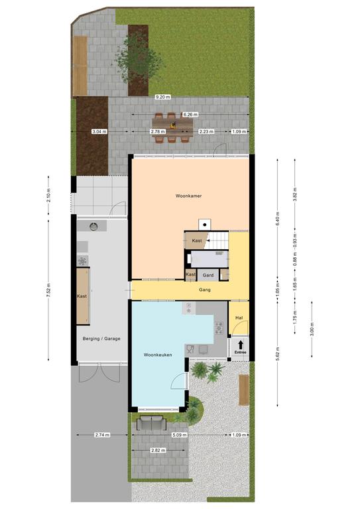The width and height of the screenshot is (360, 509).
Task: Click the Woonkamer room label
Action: pyautogui.click(x=188, y=196)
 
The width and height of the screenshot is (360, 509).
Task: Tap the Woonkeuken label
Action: pyautogui.click(x=158, y=355)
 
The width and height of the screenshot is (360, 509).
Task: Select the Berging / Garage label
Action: pyautogui.click(x=101, y=339)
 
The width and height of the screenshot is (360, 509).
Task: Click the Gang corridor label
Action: pyautogui.click(x=205, y=290)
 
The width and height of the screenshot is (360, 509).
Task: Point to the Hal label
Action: pyautogui.click(x=239, y=318)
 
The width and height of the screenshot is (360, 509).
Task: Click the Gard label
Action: pyautogui.click(x=208, y=275)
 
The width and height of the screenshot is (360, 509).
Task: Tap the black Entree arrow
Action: pyautogui.click(x=240, y=345)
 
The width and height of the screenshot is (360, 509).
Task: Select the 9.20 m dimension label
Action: pyautogui.click(x=162, y=97)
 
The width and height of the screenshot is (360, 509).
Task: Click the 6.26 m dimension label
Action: pyautogui.click(x=190, y=114)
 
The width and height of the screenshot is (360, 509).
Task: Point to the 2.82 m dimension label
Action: pyautogui.click(x=158, y=450)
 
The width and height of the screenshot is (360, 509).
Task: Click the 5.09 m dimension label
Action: pyautogui.click(x=180, y=435)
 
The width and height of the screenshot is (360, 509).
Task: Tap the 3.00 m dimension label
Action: pyautogui.click(x=312, y=329)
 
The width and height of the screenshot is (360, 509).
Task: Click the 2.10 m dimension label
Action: pyautogui.click(x=48, y=195)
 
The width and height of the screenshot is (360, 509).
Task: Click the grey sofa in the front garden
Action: pyautogui.click(x=151, y=423)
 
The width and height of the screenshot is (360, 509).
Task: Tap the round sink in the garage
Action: pyautogui.click(x=93, y=226)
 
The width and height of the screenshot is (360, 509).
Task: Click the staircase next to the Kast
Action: pyautogui.click(x=217, y=240)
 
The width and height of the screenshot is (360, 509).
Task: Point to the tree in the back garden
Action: pyautogui.click(x=138, y=58)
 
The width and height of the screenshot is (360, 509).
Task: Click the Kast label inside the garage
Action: pyautogui.click(x=82, y=296)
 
